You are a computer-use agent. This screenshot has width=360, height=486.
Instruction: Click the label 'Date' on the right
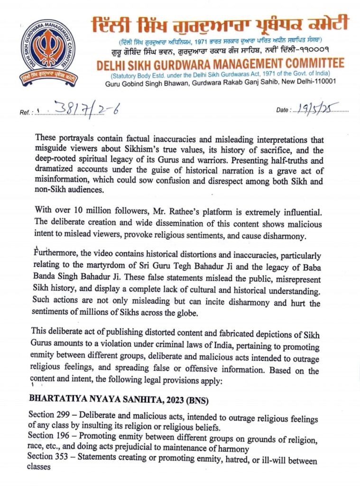[283, 110]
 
